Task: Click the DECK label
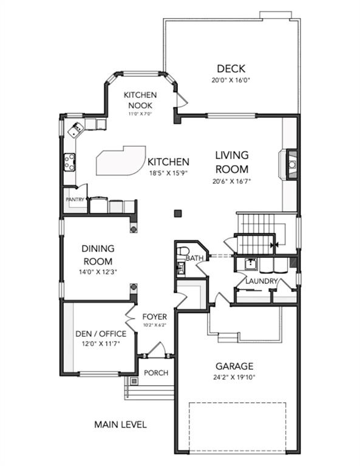click(x=231, y=69)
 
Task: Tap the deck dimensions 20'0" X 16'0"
click(x=231, y=80)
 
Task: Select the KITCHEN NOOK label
click(x=140, y=100)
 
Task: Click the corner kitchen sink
click(x=75, y=130)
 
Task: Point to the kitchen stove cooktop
click(x=70, y=162)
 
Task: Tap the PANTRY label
click(x=75, y=200)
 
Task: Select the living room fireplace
click(x=288, y=164)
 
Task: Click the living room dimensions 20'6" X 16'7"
click(x=231, y=181)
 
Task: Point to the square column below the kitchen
click(x=178, y=214)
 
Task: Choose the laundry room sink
click(x=252, y=264)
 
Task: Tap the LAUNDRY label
click(x=261, y=281)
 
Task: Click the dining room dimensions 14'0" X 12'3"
click(x=98, y=272)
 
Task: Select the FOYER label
click(x=154, y=317)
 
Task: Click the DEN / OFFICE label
click(x=101, y=334)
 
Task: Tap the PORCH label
click(x=156, y=373)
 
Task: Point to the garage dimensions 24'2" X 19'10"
click(x=234, y=377)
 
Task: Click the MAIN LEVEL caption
click(x=120, y=424)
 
